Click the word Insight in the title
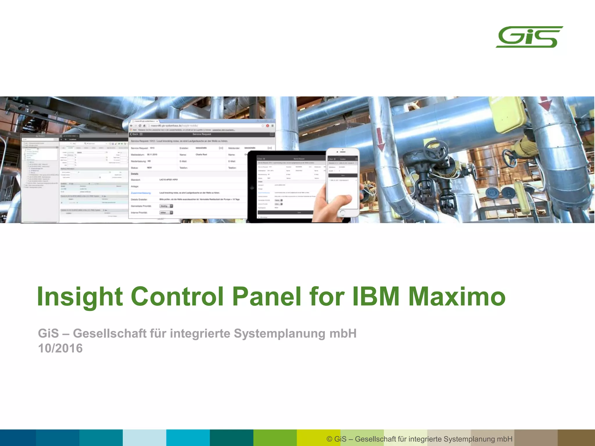(80, 297)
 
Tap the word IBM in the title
(376, 297)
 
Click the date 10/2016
(60, 348)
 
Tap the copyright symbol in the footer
(329, 439)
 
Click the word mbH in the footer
(504, 439)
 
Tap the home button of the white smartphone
(342, 213)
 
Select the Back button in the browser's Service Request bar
(134, 134)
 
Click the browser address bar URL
(174, 126)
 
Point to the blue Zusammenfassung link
(141, 193)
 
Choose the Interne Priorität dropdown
(166, 213)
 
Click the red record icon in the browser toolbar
(268, 126)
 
